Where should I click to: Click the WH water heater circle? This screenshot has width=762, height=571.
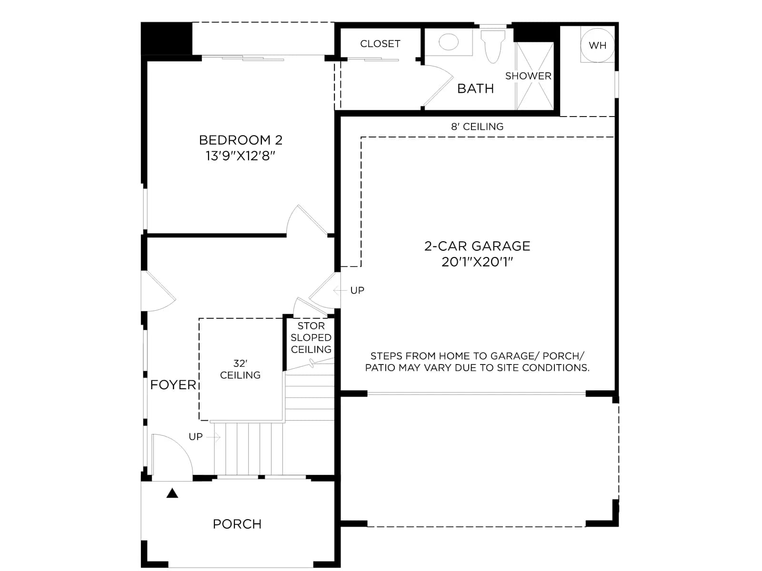click(x=597, y=45)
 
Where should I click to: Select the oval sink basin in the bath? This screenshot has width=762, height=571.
click(x=448, y=42)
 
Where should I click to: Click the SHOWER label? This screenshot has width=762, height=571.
click(x=528, y=76)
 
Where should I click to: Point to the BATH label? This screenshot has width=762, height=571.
click(x=475, y=89)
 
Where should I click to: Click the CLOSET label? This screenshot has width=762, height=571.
click(x=380, y=44)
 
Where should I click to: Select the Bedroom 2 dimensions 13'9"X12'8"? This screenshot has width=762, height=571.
click(x=240, y=156)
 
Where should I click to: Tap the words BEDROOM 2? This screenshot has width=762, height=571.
click(x=241, y=140)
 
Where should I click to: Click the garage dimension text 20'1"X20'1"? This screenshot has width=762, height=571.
click(x=477, y=262)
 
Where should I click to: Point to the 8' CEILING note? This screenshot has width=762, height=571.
click(x=477, y=127)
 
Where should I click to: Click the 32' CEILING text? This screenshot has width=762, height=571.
click(x=240, y=369)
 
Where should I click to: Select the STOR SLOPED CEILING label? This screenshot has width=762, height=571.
click(x=311, y=337)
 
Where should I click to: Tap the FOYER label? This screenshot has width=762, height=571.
click(x=173, y=384)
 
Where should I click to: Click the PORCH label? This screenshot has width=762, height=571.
click(x=237, y=524)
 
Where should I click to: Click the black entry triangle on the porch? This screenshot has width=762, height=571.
click(x=172, y=493)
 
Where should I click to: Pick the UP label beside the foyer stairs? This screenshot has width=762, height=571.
click(x=195, y=436)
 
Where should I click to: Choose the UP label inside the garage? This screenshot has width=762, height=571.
click(x=357, y=290)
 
